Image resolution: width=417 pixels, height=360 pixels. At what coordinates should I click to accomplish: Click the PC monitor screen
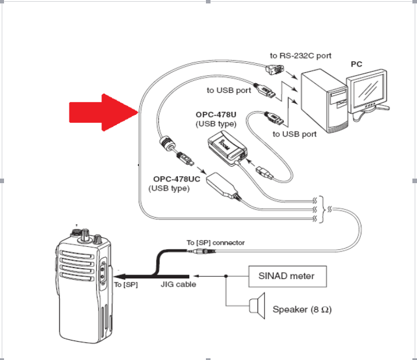[x=369, y=89]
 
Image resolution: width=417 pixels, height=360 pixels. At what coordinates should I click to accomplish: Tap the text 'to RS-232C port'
[x=301, y=56]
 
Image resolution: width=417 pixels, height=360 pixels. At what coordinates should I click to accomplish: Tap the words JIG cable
[x=178, y=284]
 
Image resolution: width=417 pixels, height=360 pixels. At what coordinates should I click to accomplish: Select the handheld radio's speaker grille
[x=76, y=266]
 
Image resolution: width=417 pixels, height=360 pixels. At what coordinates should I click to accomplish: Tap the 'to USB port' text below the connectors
[x=294, y=134]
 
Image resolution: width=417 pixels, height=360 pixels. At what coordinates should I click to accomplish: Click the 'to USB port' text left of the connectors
[x=229, y=90]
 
